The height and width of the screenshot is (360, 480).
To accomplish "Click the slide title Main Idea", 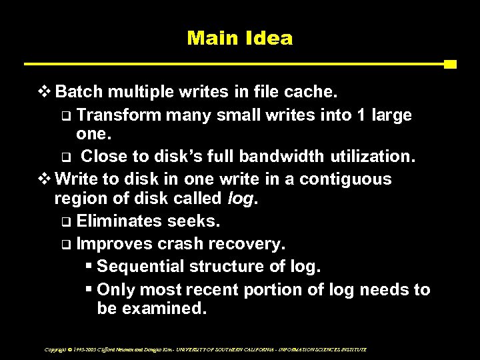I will click(x=239, y=38).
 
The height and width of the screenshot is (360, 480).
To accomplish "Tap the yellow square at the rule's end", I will click(x=450, y=65).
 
